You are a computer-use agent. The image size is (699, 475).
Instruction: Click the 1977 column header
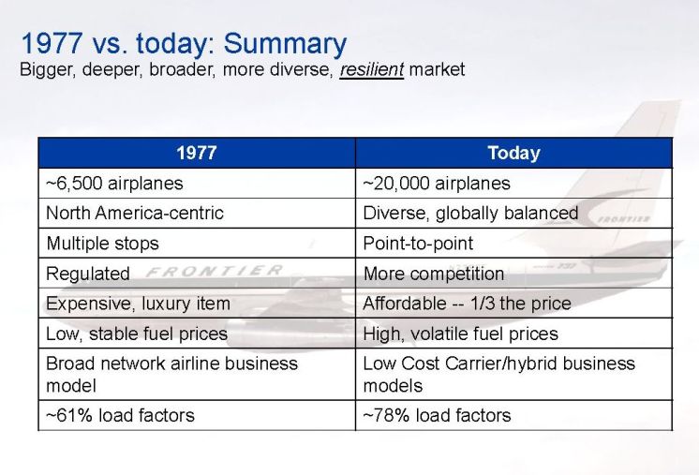(197, 153)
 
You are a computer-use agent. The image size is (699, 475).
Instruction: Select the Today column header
(513, 153)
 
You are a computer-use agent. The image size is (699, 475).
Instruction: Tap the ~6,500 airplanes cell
(197, 183)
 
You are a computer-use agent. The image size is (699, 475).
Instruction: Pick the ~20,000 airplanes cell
(513, 183)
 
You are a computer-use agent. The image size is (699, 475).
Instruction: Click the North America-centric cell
(197, 213)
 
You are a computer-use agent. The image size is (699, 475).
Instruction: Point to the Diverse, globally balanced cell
(513, 213)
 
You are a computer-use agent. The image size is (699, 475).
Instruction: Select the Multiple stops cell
(197, 244)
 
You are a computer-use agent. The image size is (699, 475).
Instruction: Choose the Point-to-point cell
(513, 244)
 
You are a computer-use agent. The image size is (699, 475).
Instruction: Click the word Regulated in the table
(88, 274)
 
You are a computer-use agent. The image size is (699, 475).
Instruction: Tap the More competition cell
(513, 274)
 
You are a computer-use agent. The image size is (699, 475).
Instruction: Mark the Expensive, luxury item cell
(197, 303)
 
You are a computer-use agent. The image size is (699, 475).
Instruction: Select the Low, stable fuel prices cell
(197, 334)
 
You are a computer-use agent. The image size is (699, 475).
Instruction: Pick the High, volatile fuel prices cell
(513, 334)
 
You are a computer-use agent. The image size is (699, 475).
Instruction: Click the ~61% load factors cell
(197, 415)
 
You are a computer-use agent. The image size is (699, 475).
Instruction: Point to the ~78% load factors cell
(513, 415)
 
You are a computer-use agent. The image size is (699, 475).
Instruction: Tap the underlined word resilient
(372, 69)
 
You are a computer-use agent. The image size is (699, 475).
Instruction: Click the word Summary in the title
(285, 44)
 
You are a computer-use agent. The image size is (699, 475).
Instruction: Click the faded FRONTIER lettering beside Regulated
(215, 271)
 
